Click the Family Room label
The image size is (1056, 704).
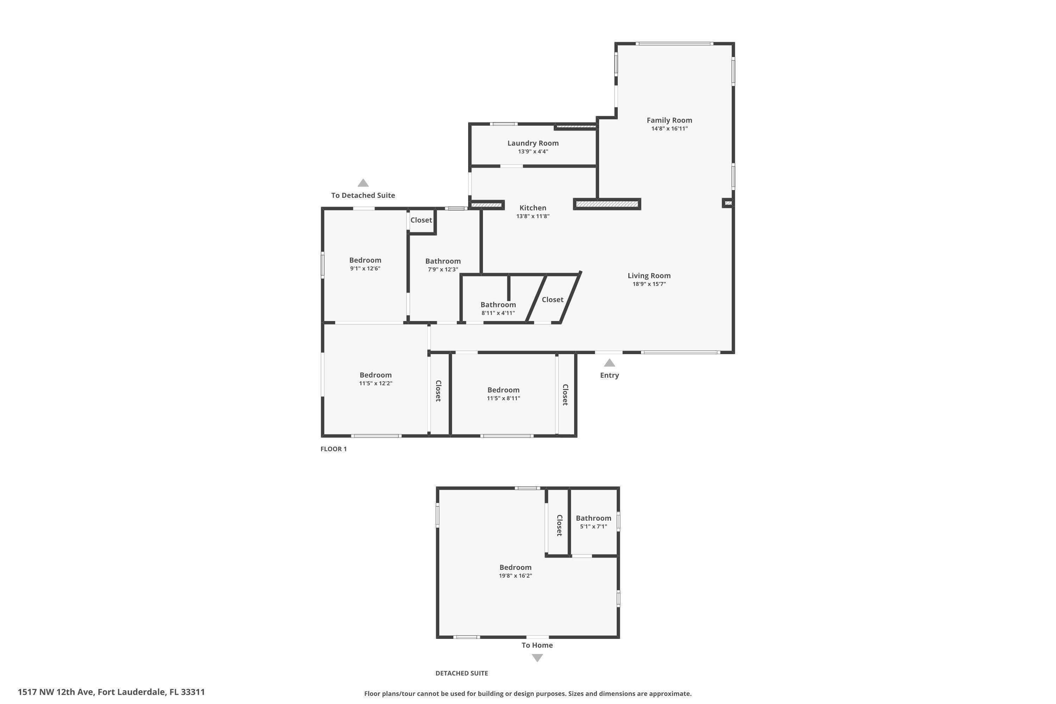coord(669,120)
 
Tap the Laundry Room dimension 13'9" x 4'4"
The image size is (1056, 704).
coord(533,151)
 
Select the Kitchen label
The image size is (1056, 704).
coord(533,208)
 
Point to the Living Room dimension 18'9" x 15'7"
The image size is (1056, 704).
coord(649,284)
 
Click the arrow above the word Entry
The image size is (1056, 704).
coord(609,363)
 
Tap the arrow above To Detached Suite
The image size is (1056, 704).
coord(363,183)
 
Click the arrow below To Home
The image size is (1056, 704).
coord(537,658)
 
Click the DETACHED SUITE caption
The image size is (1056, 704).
coord(461,673)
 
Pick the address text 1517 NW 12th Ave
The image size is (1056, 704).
coord(56,692)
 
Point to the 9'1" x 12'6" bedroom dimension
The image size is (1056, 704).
coord(365,269)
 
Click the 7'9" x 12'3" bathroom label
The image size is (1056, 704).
coord(443,261)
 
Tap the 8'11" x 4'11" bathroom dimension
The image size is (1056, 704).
coord(498,313)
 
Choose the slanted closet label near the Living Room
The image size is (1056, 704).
coord(552,300)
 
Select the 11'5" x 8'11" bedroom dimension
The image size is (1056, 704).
coord(503,398)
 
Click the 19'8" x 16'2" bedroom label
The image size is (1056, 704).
coord(515,567)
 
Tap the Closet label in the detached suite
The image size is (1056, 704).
coord(559,525)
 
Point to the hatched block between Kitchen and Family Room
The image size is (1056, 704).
coord(606,204)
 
